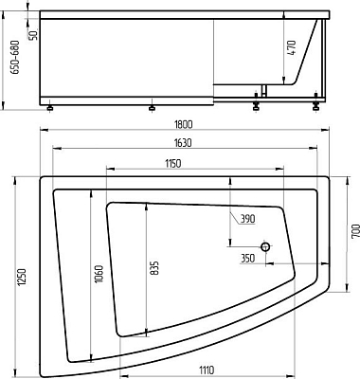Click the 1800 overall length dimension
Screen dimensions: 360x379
click(x=183, y=124)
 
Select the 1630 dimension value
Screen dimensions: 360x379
click(x=183, y=143)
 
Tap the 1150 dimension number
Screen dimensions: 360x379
click(x=172, y=164)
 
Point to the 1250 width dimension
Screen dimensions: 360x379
click(x=22, y=278)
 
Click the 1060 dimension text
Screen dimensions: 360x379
click(x=99, y=274)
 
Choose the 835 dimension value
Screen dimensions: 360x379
click(x=154, y=268)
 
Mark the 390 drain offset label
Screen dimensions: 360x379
click(x=247, y=219)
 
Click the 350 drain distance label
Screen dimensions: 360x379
click(x=247, y=259)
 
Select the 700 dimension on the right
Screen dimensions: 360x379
click(x=355, y=230)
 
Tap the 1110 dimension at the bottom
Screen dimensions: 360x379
click(x=207, y=370)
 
